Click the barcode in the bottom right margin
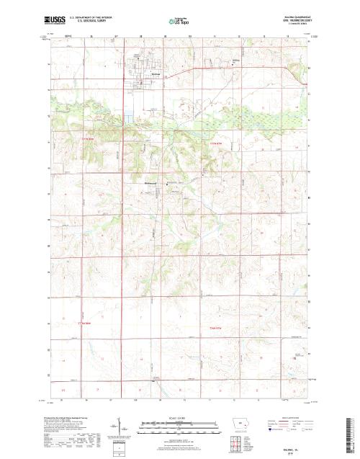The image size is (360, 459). pos(351,432)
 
